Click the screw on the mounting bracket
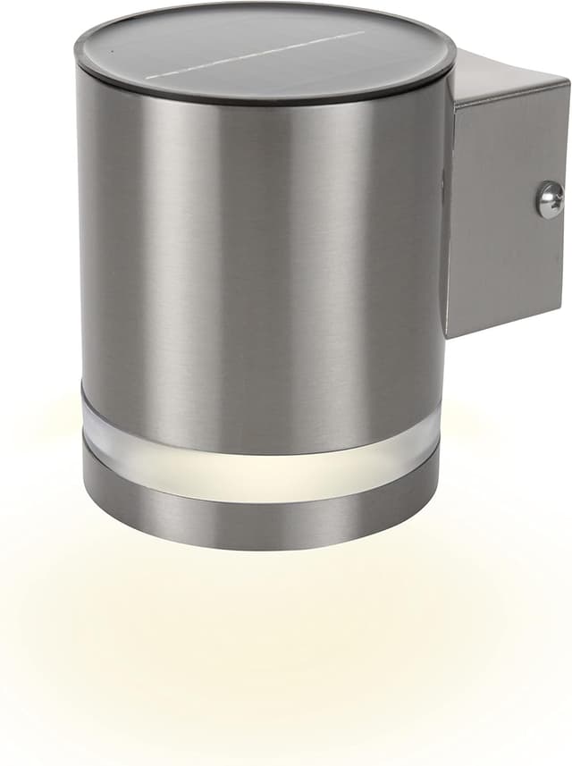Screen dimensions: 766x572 (x=550, y=199)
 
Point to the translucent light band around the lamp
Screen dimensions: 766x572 (x=259, y=456)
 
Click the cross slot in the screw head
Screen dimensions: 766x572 (x=550, y=199)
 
